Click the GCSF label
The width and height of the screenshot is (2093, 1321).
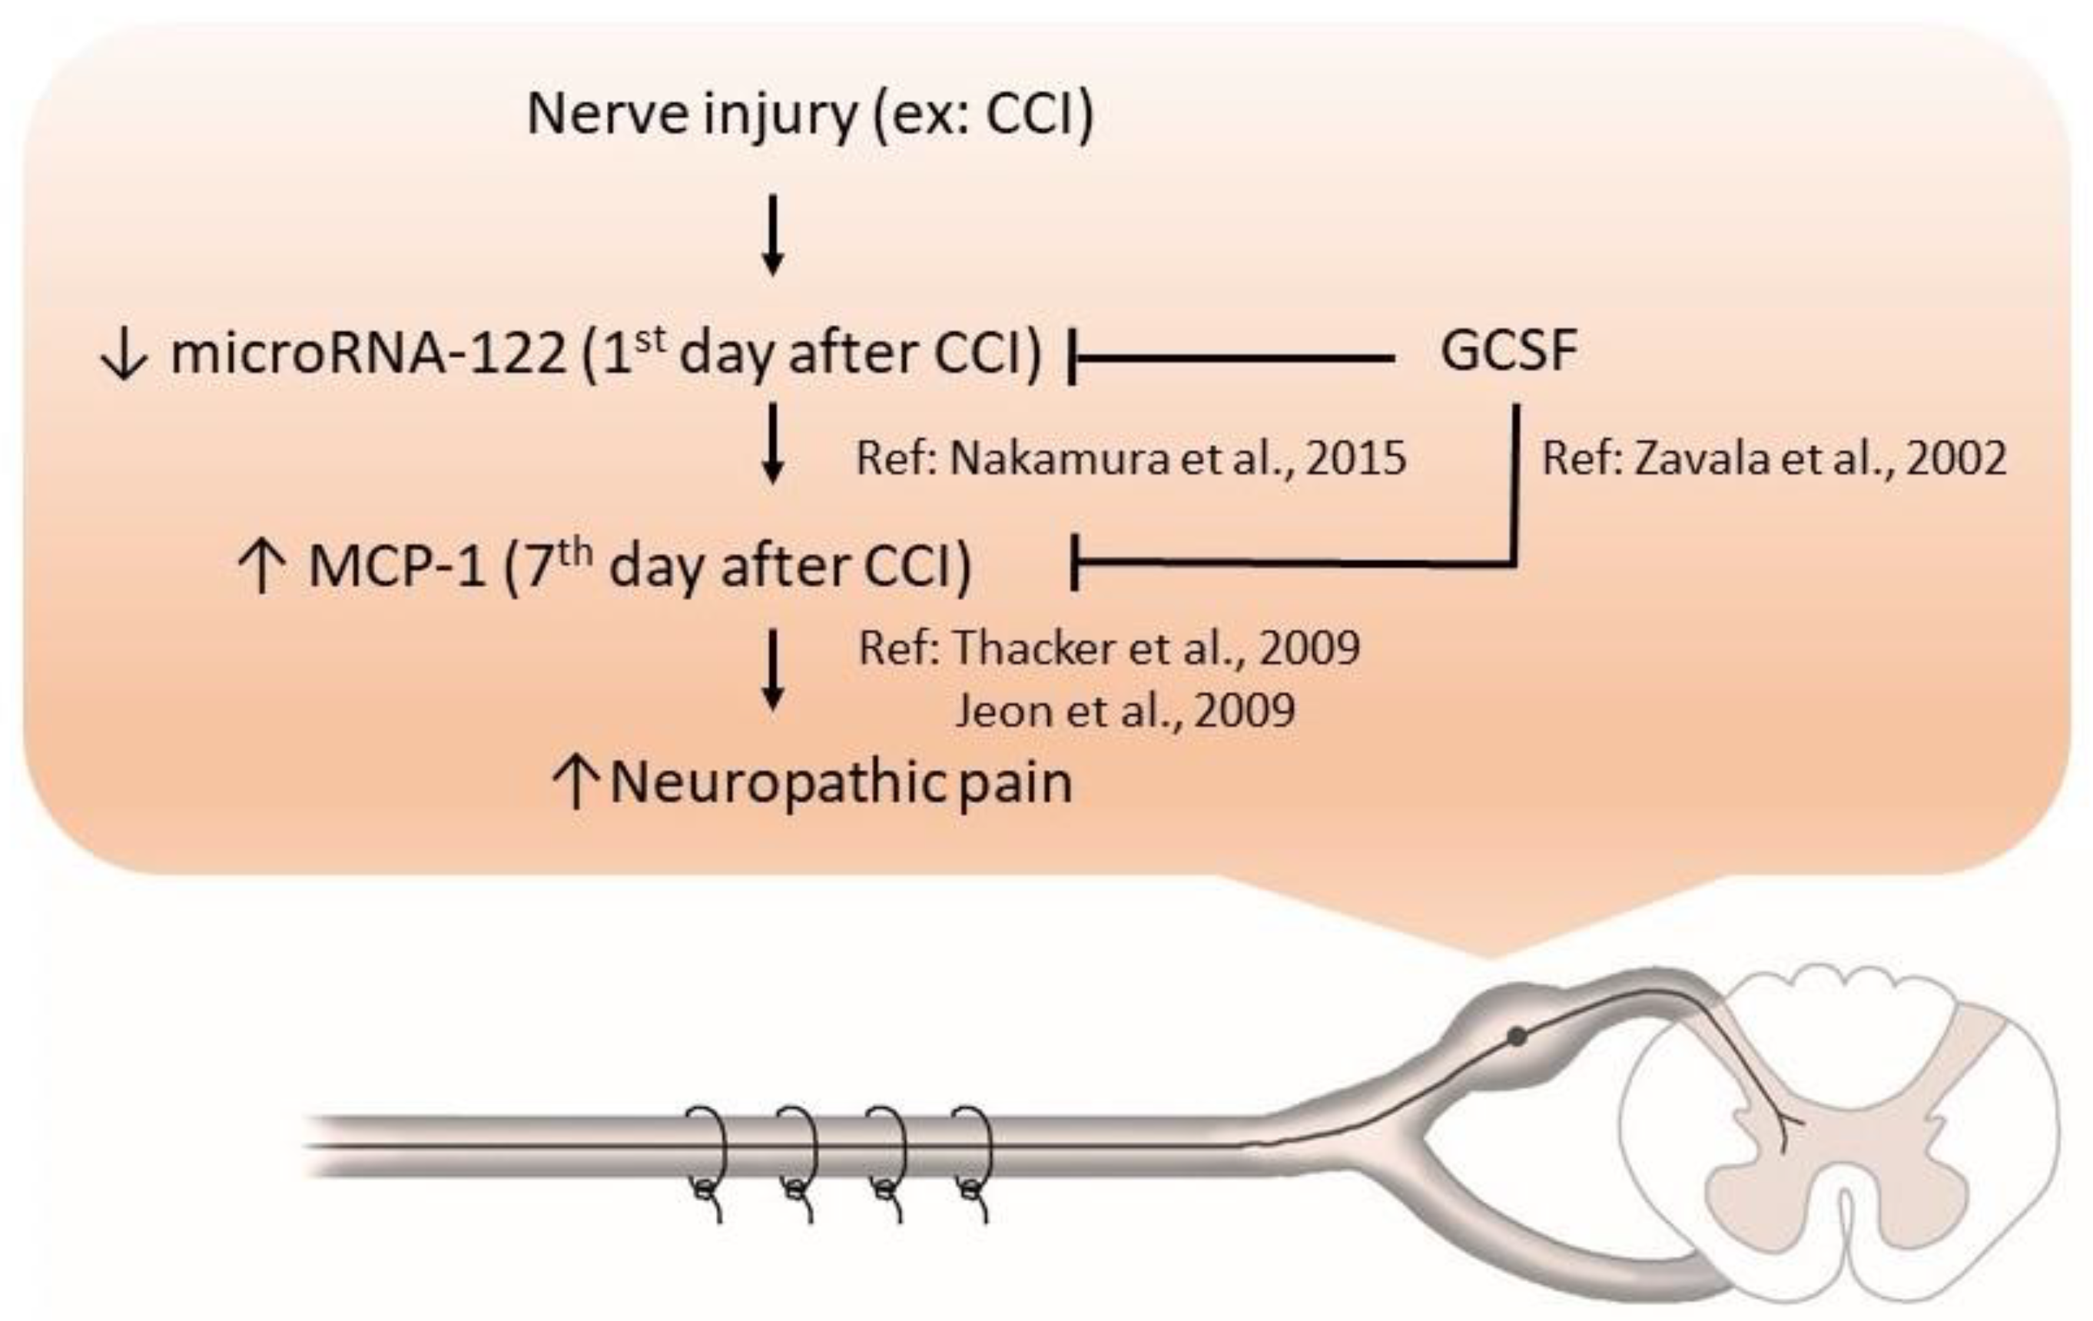tap(1508, 352)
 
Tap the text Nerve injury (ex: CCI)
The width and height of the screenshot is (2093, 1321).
tap(809, 114)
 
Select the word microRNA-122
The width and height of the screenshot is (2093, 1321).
tap(369, 354)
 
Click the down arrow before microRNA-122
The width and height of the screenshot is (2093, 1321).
tap(124, 357)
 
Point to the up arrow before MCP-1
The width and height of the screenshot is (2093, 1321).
tap(261, 566)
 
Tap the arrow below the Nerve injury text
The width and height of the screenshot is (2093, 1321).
tap(773, 234)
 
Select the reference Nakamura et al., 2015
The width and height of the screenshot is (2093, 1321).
tap(1130, 458)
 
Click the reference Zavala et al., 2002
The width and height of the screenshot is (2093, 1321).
tap(1773, 458)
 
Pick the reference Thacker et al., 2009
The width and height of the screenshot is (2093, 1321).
tap(1109, 649)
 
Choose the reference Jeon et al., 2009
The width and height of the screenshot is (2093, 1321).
tap(1125, 711)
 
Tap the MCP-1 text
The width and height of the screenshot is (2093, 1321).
tap(396, 566)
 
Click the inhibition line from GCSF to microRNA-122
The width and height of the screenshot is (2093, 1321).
tap(1234, 357)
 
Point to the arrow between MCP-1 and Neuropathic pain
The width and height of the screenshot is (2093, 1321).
tap(773, 669)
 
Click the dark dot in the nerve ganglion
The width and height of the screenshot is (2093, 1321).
tap(1517, 1037)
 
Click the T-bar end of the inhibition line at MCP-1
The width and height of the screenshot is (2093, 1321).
tap(1075, 563)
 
